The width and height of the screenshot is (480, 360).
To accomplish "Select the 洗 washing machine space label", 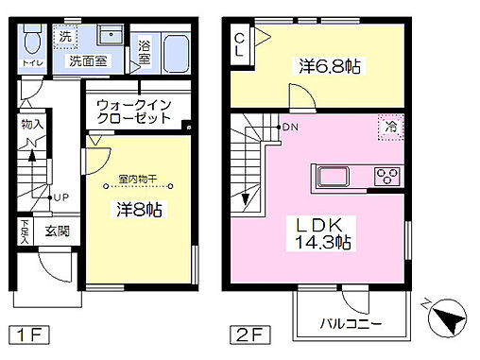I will (x=66, y=37).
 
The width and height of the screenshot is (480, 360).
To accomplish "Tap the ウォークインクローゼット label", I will (x=134, y=111).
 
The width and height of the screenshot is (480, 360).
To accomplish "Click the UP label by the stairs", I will (x=60, y=197).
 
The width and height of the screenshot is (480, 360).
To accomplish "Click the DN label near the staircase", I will (x=288, y=127).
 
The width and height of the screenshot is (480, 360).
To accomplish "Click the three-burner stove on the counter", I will (x=387, y=174).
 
